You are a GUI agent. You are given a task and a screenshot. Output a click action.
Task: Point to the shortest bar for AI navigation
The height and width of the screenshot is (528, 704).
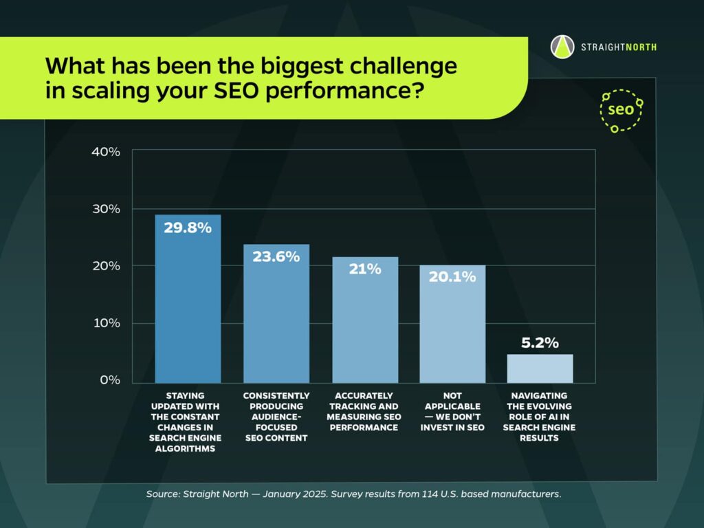[x=540, y=368]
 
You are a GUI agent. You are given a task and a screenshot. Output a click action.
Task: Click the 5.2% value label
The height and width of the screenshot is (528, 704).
[x=540, y=342]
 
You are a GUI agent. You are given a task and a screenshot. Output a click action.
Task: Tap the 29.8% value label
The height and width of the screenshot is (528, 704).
[x=188, y=228]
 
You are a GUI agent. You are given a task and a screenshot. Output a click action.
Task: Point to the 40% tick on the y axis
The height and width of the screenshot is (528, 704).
[x=106, y=151]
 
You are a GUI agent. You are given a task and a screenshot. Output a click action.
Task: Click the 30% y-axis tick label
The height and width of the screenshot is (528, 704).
[x=106, y=209]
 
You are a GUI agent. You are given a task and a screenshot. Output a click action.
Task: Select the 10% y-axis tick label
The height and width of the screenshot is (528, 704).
[x=106, y=323]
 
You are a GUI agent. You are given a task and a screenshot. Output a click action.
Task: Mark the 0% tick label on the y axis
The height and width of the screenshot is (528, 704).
[x=109, y=380]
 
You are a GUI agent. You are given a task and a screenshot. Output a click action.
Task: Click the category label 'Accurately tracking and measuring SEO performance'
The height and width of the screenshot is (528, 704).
[x=365, y=411]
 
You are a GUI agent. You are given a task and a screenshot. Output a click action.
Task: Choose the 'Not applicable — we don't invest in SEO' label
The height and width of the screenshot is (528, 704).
[x=452, y=411]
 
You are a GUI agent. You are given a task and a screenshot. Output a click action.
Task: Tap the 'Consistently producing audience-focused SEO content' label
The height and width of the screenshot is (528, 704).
[x=276, y=417]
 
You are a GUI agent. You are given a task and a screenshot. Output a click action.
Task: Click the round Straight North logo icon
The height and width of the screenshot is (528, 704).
[x=562, y=47]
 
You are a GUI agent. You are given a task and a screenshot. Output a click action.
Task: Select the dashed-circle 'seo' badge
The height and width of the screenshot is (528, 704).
[x=621, y=110]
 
